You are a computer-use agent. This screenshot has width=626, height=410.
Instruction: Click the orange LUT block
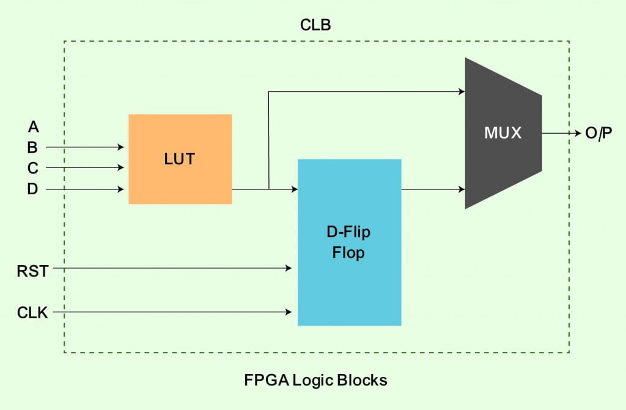[180, 159]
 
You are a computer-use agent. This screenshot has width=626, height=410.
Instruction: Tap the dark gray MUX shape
[503, 133]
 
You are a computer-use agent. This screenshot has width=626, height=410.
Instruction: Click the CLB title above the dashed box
[315, 25]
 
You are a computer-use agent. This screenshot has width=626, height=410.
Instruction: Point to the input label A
[33, 127]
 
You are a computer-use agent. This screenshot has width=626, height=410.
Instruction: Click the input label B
[32, 147]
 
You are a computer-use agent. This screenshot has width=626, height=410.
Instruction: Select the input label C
[32, 167]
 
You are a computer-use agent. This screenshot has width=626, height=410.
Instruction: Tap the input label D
[32, 189]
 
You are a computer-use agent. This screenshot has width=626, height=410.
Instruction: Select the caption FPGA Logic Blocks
[315, 380]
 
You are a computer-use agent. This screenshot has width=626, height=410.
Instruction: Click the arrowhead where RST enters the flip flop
[289, 268]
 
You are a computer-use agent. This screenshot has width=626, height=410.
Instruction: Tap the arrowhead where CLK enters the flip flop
[289, 312]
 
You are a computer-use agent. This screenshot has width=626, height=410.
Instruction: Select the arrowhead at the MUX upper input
[462, 92]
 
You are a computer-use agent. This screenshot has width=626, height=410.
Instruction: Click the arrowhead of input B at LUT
[121, 147]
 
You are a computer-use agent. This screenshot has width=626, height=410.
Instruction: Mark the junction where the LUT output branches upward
[268, 189]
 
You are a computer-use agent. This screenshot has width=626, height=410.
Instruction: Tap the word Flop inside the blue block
[348, 252]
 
